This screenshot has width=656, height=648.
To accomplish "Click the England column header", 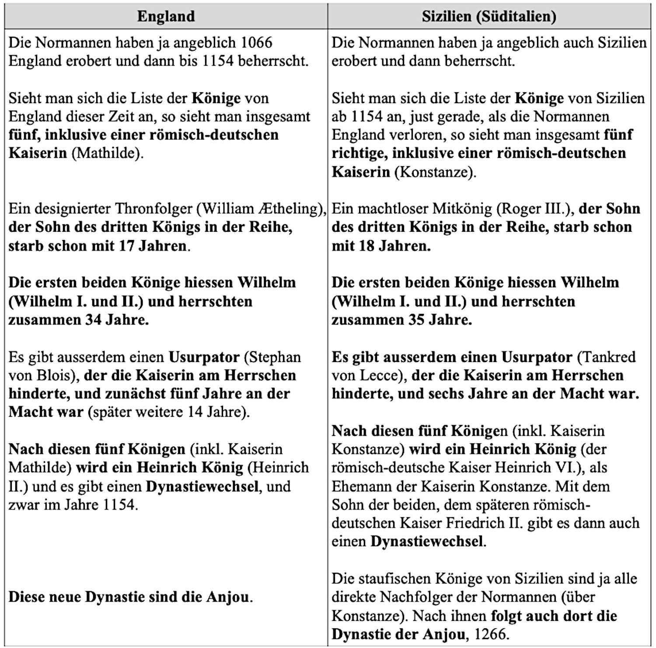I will pos(166,16).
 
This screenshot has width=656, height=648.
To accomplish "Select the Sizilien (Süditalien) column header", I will pos(489,16).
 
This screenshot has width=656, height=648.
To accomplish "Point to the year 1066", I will pos(257,43).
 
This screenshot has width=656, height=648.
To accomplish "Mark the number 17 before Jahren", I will pos(126,246).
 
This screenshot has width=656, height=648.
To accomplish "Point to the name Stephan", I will pos(275,357).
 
